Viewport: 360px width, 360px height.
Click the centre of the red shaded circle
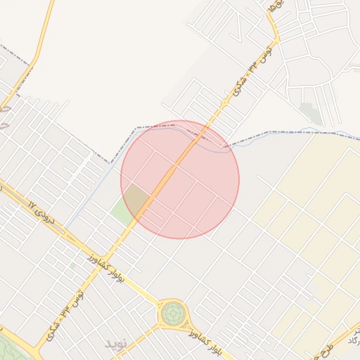pos(180,179)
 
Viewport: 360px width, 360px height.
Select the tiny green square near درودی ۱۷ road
pos(72,266)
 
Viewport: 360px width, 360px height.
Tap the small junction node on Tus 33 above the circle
pos(224,104)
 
